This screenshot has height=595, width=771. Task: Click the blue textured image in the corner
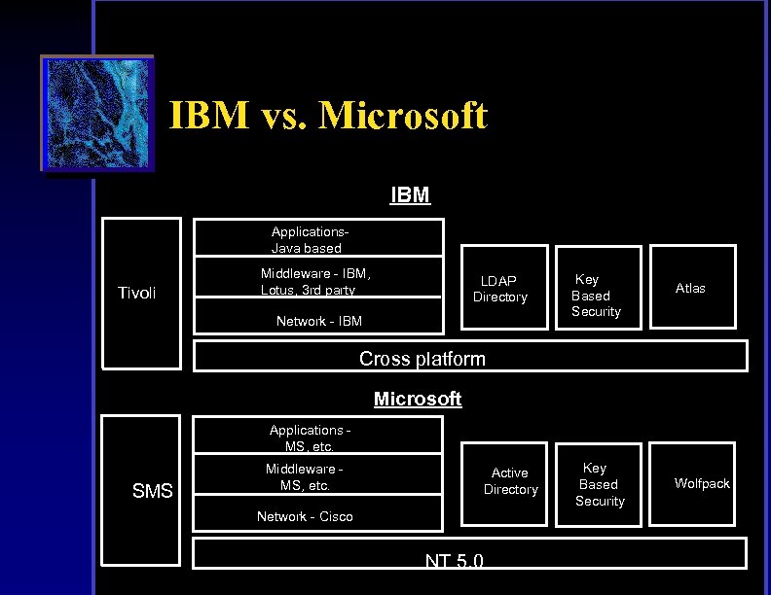tap(97, 113)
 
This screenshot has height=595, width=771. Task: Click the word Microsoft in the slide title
tap(402, 117)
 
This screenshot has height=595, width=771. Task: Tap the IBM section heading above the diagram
tap(410, 194)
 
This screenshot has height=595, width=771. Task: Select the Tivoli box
tap(141, 294)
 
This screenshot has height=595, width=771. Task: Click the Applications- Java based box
tap(318, 238)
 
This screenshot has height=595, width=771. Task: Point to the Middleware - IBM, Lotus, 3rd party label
tap(314, 282)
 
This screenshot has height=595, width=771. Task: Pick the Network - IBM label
tap(318, 321)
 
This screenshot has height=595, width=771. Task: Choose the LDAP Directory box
tap(500, 289)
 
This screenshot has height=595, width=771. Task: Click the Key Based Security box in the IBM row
tap(596, 295)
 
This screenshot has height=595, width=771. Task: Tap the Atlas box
tap(690, 288)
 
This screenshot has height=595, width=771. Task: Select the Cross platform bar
tap(470, 358)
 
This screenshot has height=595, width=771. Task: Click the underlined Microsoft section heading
tap(418, 400)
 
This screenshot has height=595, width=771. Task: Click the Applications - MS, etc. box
tap(317, 436)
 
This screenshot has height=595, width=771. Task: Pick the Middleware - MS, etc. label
tap(305, 476)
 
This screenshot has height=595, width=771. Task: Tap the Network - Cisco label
tap(305, 516)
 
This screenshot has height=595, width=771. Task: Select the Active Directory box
tap(510, 481)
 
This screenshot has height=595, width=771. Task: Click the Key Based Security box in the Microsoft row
tap(599, 484)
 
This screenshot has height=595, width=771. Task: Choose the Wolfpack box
tap(702, 483)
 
